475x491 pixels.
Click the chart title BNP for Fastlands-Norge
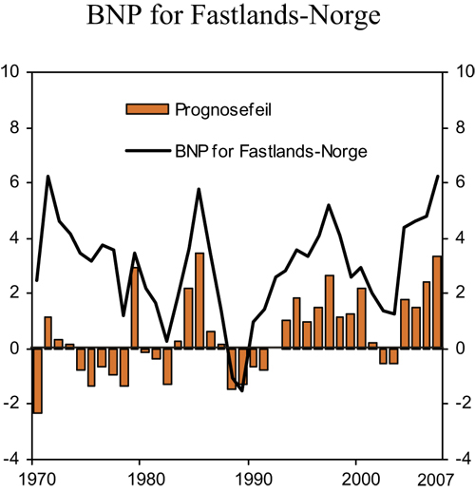tap(237, 16)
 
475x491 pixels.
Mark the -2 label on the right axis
tap(464, 404)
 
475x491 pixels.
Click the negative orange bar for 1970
tap(37, 380)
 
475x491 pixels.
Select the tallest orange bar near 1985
tap(199, 300)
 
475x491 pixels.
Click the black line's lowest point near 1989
tap(242, 390)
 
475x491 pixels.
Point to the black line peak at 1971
tap(47, 177)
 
